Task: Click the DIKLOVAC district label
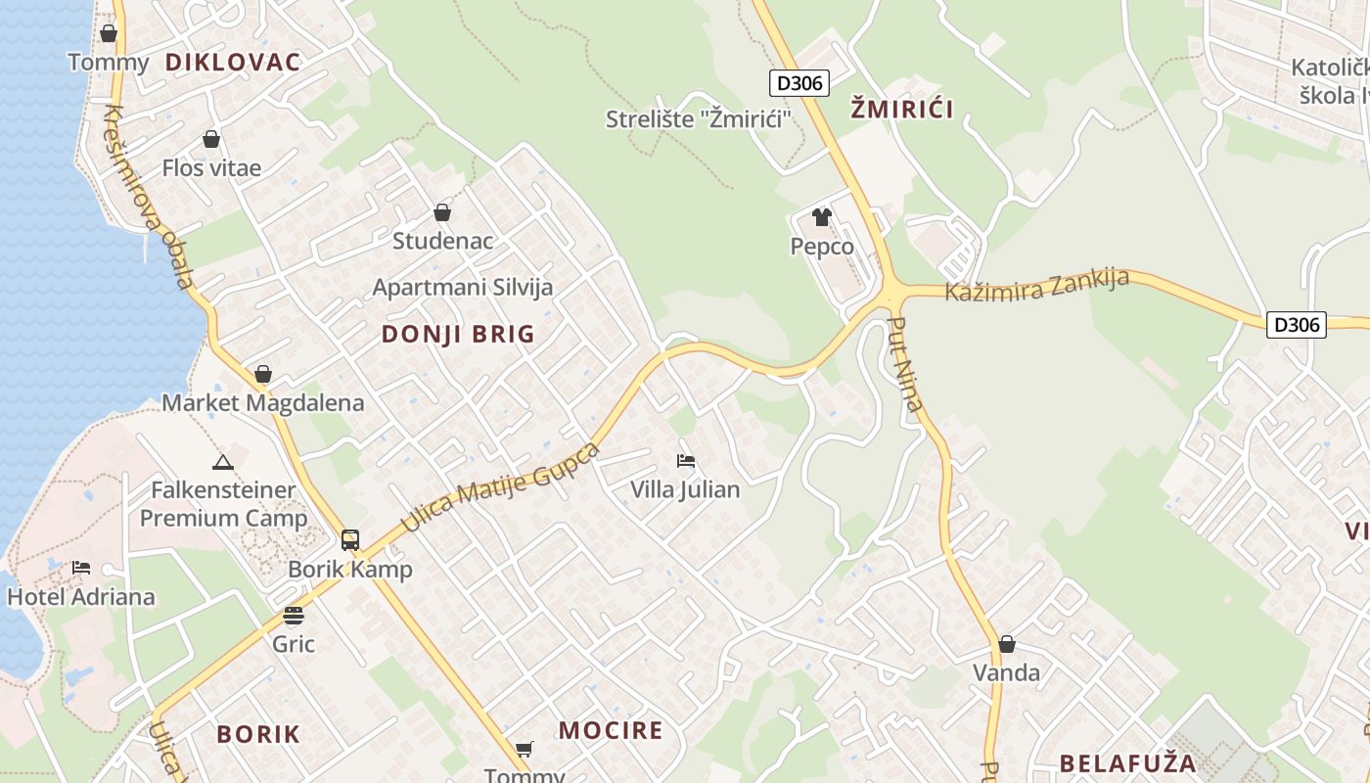tap(232, 63)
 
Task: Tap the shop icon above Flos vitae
tap(210, 140)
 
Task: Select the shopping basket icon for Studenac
tap(442, 212)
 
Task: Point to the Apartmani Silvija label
tap(463, 288)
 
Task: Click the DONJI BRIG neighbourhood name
tap(458, 335)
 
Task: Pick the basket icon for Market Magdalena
tap(262, 374)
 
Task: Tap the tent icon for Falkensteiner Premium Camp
tap(222, 462)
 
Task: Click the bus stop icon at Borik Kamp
tap(350, 540)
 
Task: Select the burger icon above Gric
tap(294, 616)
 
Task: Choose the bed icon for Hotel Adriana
tap(81, 568)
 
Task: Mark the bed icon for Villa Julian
tap(685, 460)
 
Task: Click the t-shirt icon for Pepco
tap(821, 217)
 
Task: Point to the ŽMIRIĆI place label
tap(901, 109)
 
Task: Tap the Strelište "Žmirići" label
tap(699, 119)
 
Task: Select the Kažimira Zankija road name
tap(1036, 285)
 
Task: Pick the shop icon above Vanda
tap(1006, 644)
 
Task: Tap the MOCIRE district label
tap(611, 730)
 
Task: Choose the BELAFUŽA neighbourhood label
tap(1127, 763)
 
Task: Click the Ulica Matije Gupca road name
tap(500, 486)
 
